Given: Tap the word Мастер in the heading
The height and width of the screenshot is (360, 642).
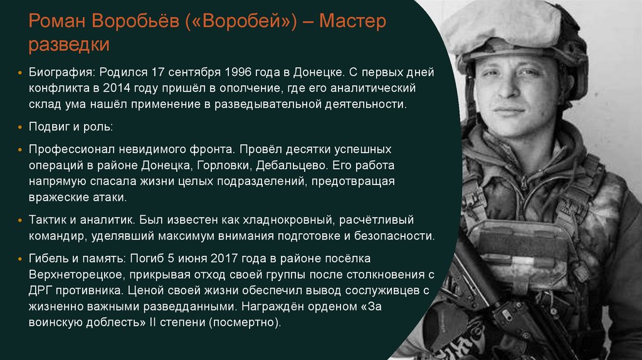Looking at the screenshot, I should [353, 23].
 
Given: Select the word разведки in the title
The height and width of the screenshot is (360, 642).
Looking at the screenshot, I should [69, 45].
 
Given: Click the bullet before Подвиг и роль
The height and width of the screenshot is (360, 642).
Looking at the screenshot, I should [22, 127].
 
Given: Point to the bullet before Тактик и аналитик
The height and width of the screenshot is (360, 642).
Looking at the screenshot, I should [22, 221].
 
